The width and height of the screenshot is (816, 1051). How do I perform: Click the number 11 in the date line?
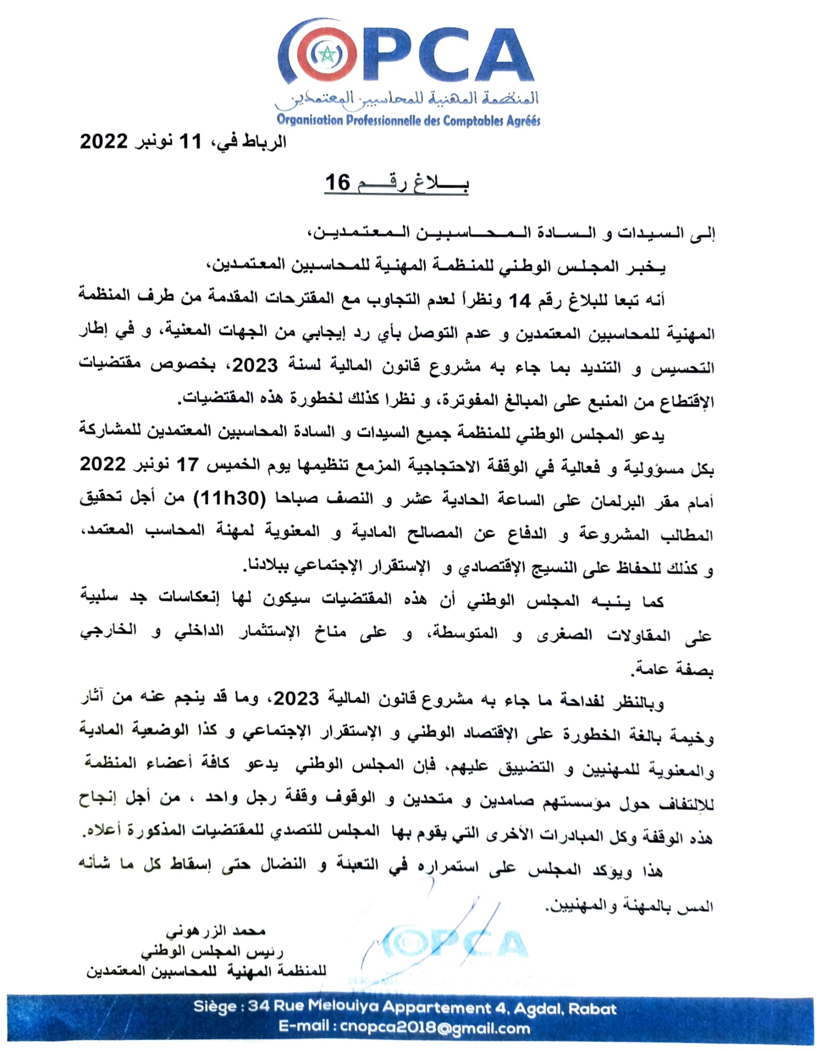[190, 141]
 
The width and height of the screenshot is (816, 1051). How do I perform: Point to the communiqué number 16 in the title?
[337, 183]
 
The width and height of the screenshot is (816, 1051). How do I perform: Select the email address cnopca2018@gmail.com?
[435, 1028]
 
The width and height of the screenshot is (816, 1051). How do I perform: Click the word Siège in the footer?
[215, 1007]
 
